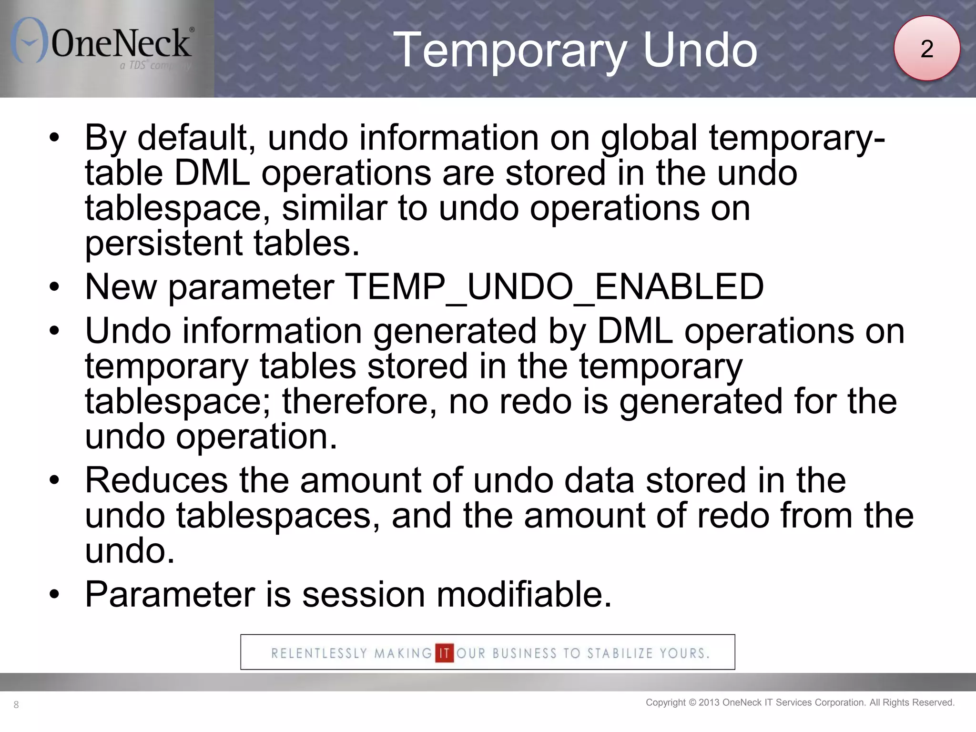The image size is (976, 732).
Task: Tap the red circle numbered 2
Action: coord(926,48)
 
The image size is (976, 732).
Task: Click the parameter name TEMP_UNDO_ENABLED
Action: coord(554,287)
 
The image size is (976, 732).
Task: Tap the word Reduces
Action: coord(156,480)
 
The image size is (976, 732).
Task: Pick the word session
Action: coord(363,595)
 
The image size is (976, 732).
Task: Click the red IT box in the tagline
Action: coord(444,653)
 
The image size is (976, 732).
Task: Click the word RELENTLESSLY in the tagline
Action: coord(319,653)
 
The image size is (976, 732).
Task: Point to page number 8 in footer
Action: coord(16,705)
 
